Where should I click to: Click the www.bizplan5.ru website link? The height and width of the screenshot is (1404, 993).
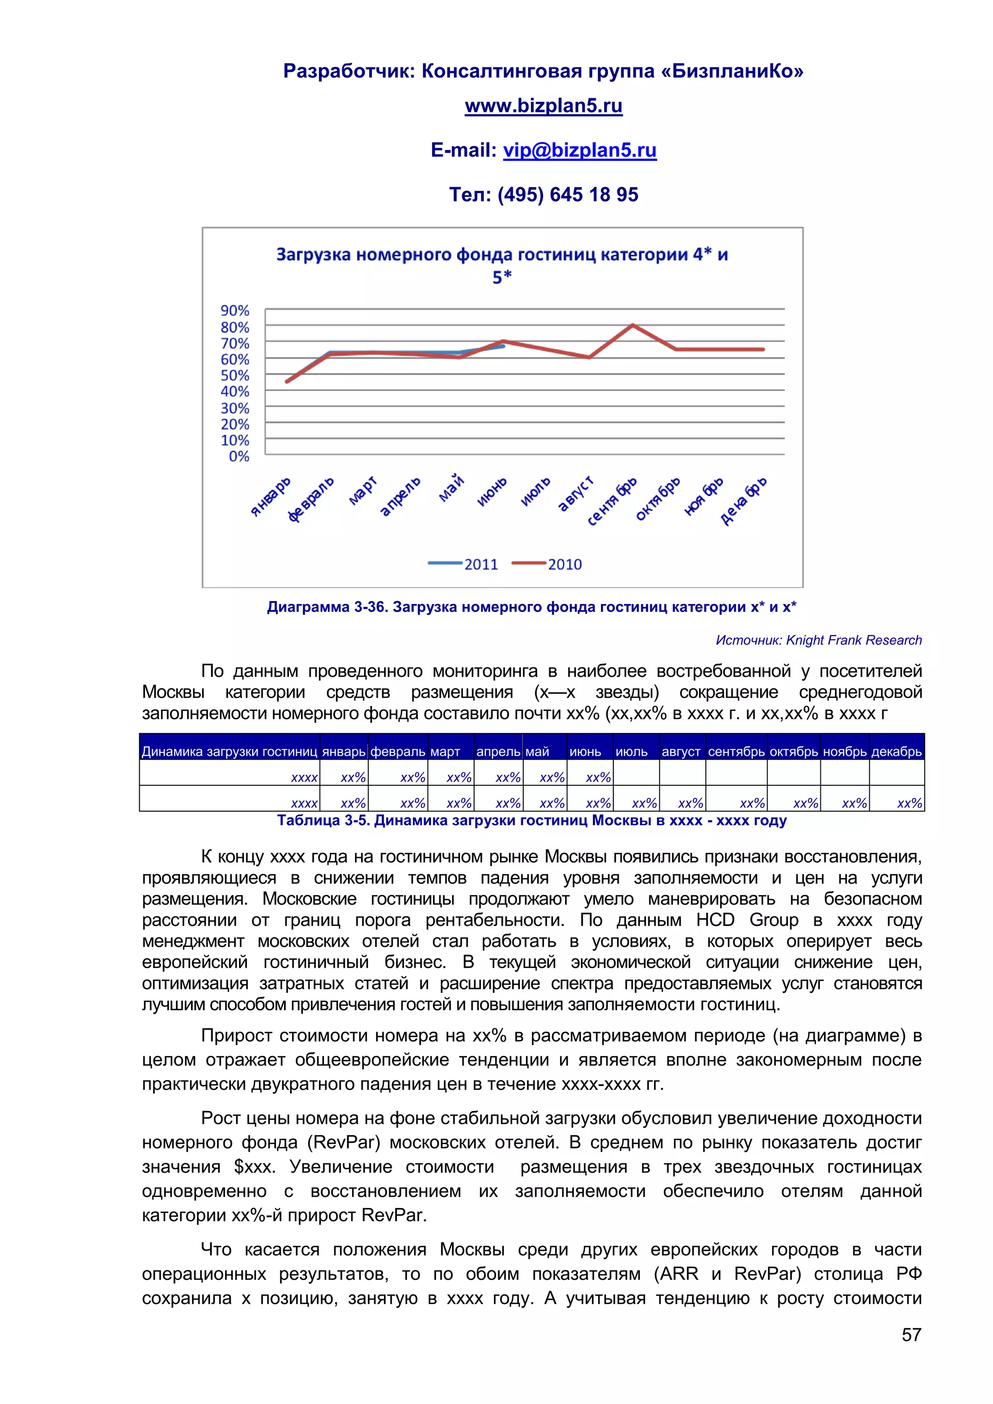543,106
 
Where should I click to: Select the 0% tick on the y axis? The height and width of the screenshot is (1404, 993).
239,456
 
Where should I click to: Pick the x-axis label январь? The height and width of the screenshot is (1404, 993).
271,496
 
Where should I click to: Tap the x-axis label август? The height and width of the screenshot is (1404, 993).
576,494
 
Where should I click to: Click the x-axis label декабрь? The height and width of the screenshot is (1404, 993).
743,501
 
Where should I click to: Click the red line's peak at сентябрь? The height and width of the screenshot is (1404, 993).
633,325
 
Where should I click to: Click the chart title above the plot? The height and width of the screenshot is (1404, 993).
501,265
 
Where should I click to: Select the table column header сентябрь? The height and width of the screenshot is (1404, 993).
736,751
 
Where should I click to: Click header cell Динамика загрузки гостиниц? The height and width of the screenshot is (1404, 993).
229,751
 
